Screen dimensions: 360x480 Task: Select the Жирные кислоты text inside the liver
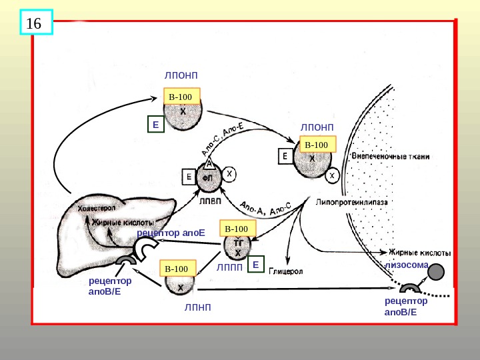(x=123, y=222)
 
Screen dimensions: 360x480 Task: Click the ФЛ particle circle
(x=208, y=178)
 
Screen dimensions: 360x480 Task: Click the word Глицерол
(x=287, y=272)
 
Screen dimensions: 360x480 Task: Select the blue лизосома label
(x=405, y=264)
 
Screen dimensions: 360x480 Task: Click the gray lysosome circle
(x=436, y=272)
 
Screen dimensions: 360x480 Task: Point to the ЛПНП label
(x=197, y=307)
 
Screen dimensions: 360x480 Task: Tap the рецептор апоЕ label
(x=169, y=233)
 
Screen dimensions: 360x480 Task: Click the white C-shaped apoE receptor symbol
(x=145, y=248)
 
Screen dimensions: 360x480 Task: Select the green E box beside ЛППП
(x=254, y=266)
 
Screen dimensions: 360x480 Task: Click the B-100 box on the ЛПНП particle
(x=179, y=269)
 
